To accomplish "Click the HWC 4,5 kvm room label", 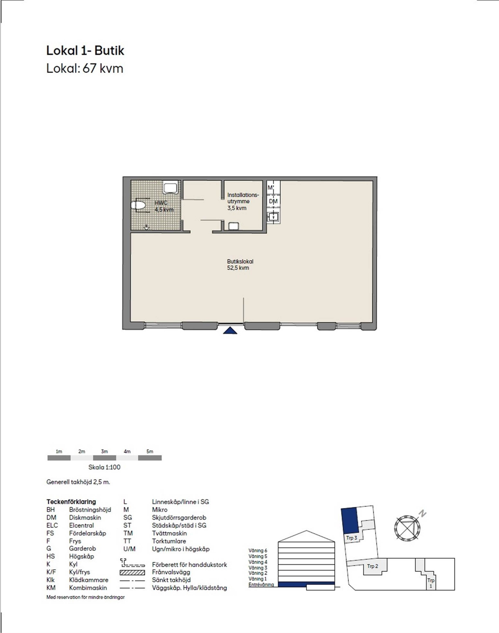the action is pyautogui.click(x=164, y=206).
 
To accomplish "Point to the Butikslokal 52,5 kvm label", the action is pyautogui.click(x=240, y=265).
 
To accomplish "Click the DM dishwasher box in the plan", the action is pyautogui.click(x=273, y=201).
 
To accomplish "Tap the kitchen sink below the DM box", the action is pyautogui.click(x=273, y=217).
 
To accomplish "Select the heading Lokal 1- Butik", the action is pyautogui.click(x=85, y=51).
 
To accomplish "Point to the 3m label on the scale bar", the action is pyautogui.click(x=104, y=452).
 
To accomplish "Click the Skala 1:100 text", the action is pyautogui.click(x=104, y=467).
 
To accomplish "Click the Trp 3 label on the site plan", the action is pyautogui.click(x=352, y=538).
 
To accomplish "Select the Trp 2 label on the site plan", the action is pyautogui.click(x=372, y=566).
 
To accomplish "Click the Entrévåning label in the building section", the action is pyautogui.click(x=261, y=585).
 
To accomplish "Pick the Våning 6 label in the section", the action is pyautogui.click(x=258, y=551).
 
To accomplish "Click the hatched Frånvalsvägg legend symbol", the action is pyautogui.click(x=132, y=572).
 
